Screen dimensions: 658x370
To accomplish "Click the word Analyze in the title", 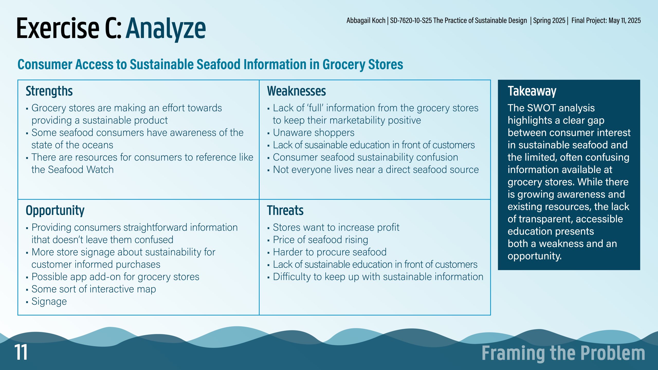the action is (x=166, y=29).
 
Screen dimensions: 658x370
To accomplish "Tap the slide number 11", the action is (x=21, y=352).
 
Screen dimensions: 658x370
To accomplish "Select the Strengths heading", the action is (x=49, y=91).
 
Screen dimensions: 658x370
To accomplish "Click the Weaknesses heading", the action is (x=296, y=91).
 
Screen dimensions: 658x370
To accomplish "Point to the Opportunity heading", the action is (x=55, y=211).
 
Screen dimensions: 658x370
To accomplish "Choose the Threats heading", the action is (x=285, y=210).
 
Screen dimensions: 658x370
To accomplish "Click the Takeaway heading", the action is (x=532, y=91).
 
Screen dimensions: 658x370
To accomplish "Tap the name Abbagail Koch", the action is (x=366, y=21).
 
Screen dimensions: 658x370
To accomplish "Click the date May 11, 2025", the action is (x=625, y=21).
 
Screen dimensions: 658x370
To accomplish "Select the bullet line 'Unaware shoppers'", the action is (x=314, y=133).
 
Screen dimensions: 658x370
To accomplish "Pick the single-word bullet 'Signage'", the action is (x=49, y=302).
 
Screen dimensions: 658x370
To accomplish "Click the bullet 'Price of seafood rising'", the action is (x=320, y=240).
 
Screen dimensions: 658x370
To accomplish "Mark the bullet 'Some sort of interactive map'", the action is (x=94, y=289).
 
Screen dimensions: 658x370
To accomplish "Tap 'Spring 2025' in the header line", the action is (x=549, y=21).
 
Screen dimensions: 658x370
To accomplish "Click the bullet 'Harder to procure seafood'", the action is (x=330, y=252).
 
